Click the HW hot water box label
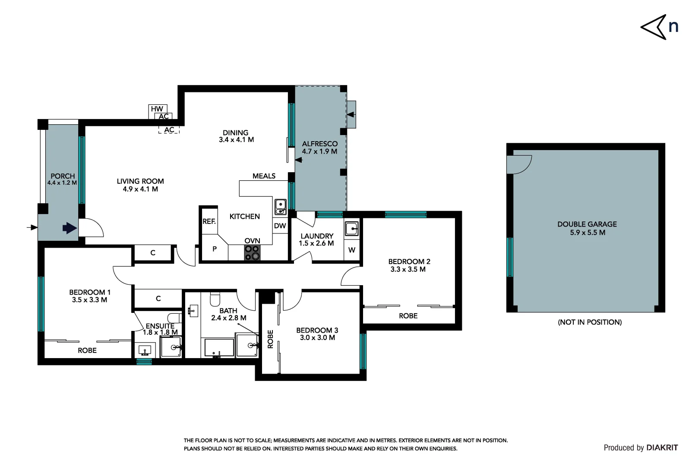[157, 109]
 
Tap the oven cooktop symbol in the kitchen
[253, 252]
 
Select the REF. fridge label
[209, 221]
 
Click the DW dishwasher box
[280, 226]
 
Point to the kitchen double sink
[280, 207]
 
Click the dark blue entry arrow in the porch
[70, 228]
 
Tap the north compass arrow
[654, 27]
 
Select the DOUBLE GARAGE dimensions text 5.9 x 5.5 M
[587, 233]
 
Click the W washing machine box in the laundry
[352, 250]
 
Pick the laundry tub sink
[351, 229]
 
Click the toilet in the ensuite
[174, 318]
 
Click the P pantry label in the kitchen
[215, 249]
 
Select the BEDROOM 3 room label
[317, 330]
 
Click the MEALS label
[264, 176]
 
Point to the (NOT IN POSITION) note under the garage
[590, 322]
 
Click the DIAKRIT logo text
[662, 448]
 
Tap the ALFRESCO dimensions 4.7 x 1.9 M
[319, 151]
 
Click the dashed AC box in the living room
[169, 129]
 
